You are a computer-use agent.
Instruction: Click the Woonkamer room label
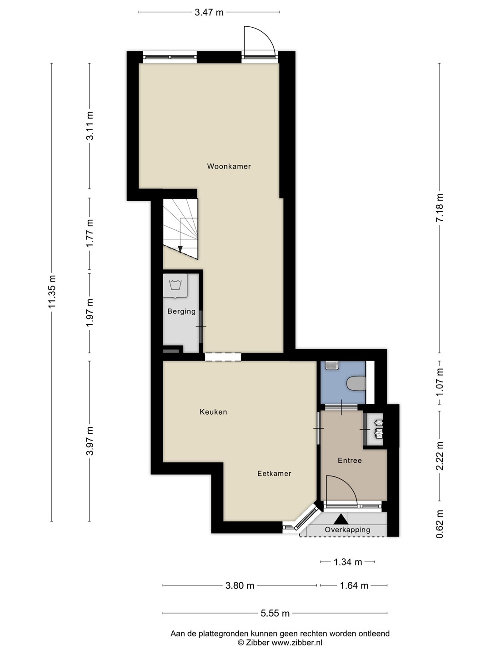229,166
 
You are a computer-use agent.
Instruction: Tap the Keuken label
214,412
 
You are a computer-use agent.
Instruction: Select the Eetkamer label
274,473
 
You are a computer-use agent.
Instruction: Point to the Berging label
181,312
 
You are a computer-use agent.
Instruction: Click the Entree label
350,461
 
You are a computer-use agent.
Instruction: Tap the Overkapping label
348,530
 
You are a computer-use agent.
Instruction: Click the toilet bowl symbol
356,383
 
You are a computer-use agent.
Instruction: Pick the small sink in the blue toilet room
332,366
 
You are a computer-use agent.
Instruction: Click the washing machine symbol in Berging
175,286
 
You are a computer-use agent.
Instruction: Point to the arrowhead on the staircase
180,249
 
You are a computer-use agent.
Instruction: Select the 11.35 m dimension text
52,292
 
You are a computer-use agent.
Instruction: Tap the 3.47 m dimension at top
209,13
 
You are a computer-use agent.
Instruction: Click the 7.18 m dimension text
440,208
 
